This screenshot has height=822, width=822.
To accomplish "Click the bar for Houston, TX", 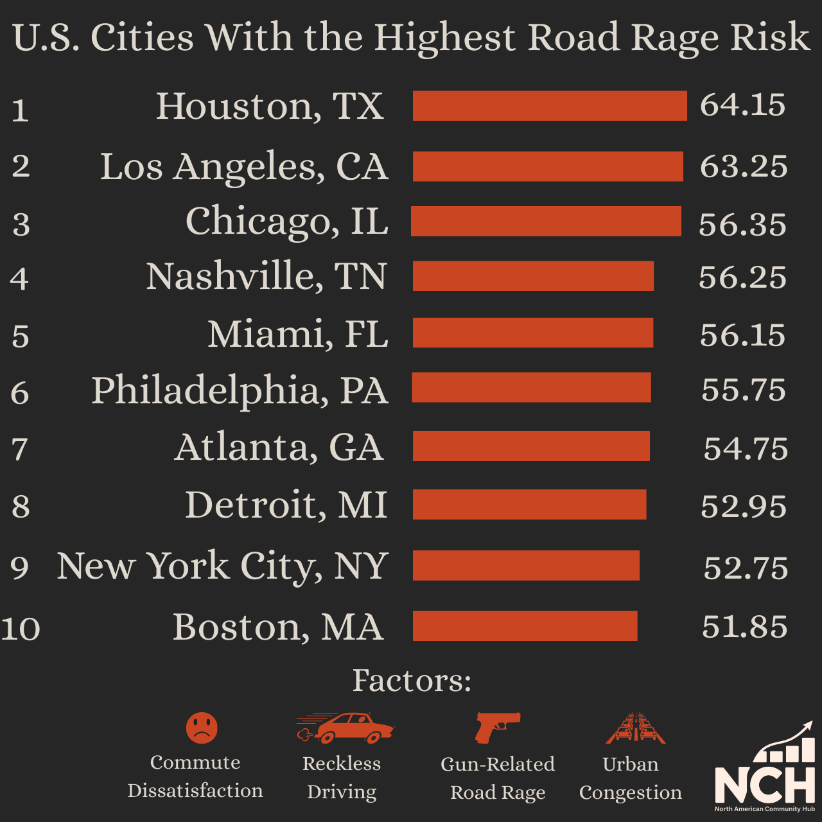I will coord(550,106).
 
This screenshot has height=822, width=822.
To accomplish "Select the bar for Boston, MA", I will coord(525,626).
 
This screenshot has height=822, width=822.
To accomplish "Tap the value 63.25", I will coord(743,167).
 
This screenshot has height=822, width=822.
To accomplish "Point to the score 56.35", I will coord(742,225).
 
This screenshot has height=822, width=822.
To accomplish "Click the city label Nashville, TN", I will coord(267,276).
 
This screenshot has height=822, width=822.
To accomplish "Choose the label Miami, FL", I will coord(297,334).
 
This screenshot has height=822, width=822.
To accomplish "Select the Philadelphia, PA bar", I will coord(531,387).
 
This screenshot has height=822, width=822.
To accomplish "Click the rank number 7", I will coord(20,449).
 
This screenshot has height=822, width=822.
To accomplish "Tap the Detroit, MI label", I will coord(286,505).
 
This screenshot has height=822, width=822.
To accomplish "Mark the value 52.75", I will coord(745,568).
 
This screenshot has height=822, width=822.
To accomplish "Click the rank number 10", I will coord(21,629).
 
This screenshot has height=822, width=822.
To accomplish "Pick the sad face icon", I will coord(202,728).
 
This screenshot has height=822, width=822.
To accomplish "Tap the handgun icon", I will coord(497,727).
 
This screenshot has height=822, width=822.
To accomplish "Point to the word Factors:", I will coord(412,681).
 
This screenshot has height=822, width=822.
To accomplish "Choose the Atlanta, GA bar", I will coord(531,446).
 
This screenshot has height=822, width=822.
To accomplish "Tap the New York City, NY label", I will coord(222,566).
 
